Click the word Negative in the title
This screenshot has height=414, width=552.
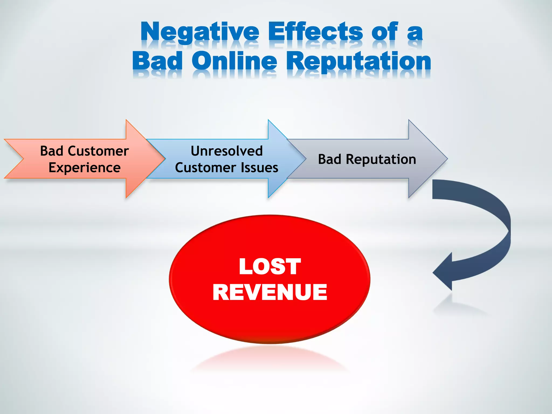coord(200,32)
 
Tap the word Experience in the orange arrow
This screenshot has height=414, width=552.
coord(84,168)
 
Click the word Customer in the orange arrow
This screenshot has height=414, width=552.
coord(98,151)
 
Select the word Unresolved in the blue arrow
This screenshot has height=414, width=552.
coord(227,151)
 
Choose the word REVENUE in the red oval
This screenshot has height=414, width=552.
coord(270,292)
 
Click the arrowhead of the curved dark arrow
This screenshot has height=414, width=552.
coord(442,272)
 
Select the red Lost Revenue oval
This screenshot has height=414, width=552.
coord(270,318)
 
